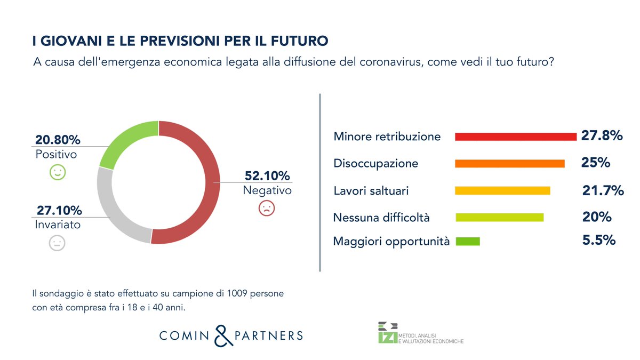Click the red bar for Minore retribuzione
point(515,137)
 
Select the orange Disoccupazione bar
point(509,164)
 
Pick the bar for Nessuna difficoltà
point(499,218)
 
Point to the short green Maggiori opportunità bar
point(467,242)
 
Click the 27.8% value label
point(602,136)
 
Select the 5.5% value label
point(599,241)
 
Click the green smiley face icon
point(57,172)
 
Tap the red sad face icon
point(266,208)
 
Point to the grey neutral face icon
point(57,243)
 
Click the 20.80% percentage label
point(58,140)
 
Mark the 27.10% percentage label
point(59,210)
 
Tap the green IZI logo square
point(384,337)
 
